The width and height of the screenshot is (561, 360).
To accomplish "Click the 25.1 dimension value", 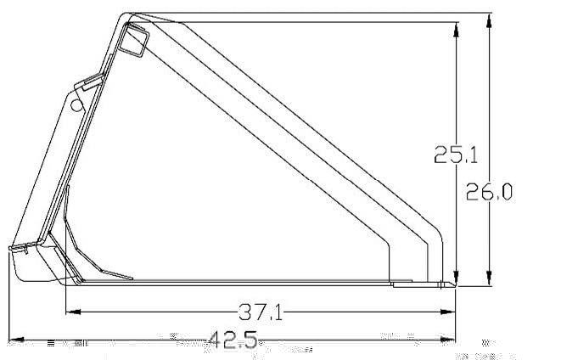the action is (x=456, y=155).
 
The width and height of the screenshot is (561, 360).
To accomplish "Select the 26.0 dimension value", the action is (x=489, y=191).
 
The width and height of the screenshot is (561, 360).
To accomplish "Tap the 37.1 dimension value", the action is (x=261, y=312).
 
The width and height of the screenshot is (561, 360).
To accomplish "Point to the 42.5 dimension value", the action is (x=233, y=340).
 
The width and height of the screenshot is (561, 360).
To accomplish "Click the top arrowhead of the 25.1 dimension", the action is (x=456, y=30).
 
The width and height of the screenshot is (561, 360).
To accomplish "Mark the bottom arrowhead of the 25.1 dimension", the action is (x=456, y=278).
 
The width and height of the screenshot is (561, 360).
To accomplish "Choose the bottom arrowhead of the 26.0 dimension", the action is (x=489, y=278).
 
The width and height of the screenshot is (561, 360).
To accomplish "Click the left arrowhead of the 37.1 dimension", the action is (x=73, y=312).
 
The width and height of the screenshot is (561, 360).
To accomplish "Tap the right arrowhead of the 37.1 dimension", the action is (x=448, y=312).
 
